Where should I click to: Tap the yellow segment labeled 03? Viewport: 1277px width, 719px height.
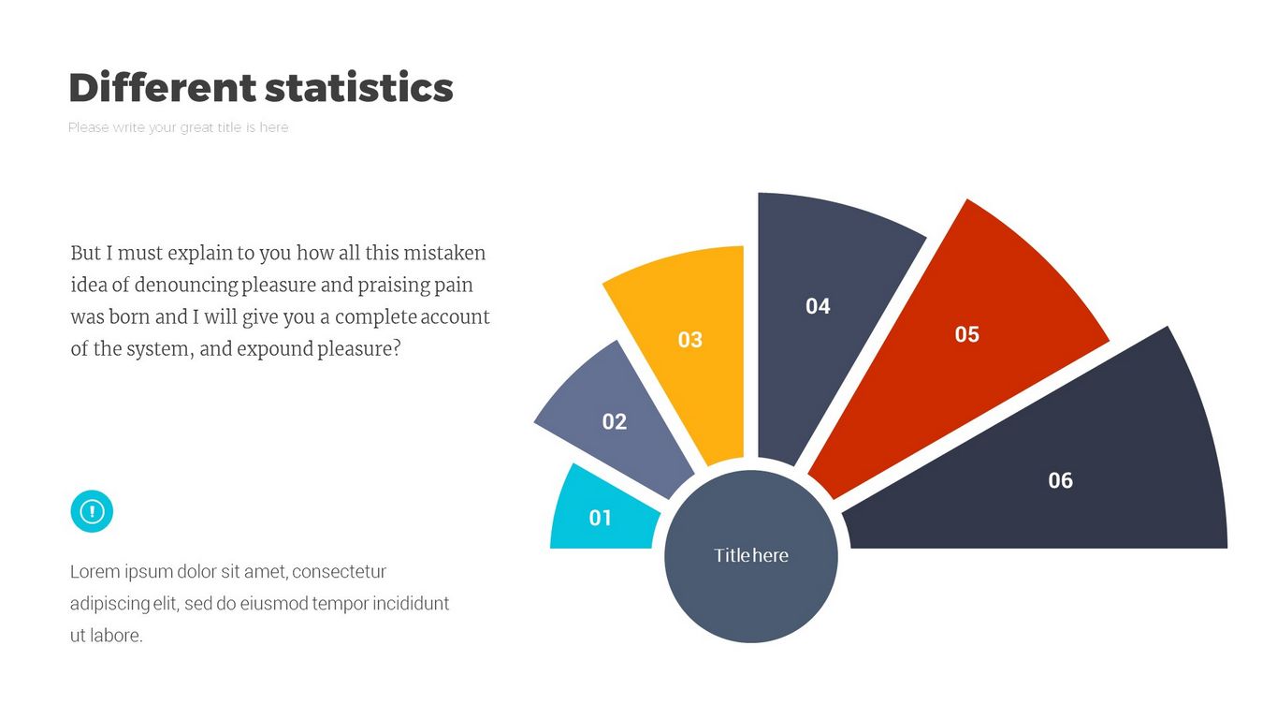tap(683, 346)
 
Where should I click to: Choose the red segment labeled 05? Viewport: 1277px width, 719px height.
tap(964, 337)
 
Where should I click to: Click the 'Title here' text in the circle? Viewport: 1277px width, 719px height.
tap(751, 555)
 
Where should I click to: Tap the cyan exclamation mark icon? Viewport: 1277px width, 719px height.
tap(92, 511)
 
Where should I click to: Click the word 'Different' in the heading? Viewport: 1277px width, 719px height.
tap(162, 88)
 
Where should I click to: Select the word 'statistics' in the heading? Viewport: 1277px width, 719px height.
tap(359, 88)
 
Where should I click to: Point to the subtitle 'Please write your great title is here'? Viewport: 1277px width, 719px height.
tap(179, 127)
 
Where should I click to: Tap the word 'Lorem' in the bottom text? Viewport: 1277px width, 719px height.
tap(95, 572)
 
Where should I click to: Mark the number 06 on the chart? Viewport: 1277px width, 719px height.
tap(1060, 481)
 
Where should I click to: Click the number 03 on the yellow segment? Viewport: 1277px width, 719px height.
tap(689, 340)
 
